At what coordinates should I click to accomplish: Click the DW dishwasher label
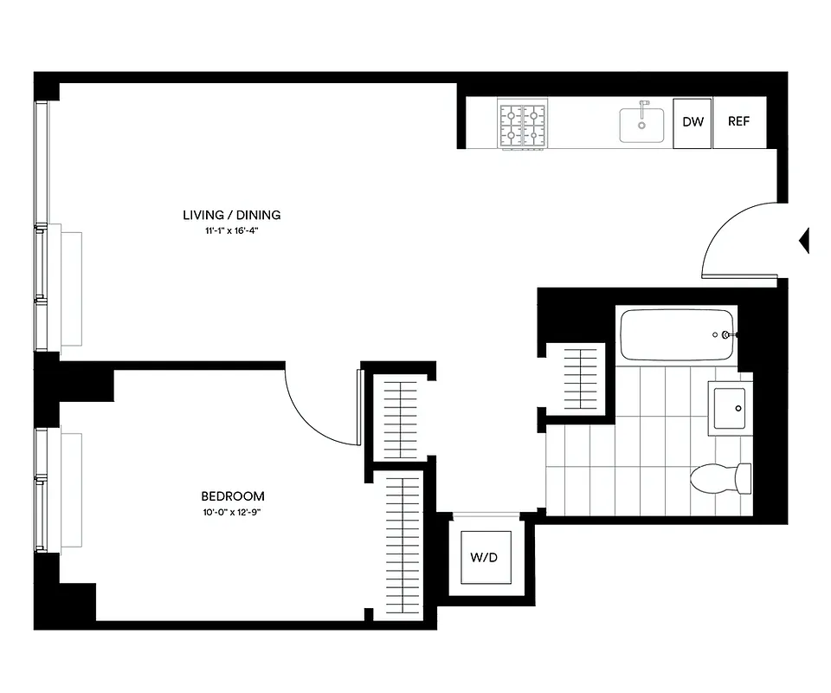pyautogui.click(x=692, y=122)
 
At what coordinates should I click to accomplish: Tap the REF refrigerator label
pyautogui.click(x=738, y=122)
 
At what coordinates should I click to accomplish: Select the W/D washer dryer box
pyautogui.click(x=484, y=557)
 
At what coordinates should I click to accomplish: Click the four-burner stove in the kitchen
pyautogui.click(x=523, y=125)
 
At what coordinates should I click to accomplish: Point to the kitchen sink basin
pyautogui.click(x=641, y=126)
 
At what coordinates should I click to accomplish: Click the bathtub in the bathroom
pyautogui.click(x=677, y=334)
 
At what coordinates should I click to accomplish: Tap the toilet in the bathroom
pyautogui.click(x=722, y=477)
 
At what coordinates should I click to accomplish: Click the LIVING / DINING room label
pyautogui.click(x=231, y=215)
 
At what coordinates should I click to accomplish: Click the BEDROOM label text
pyautogui.click(x=232, y=496)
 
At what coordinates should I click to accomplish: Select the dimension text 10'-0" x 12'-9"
pyautogui.click(x=232, y=512)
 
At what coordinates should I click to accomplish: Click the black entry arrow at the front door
pyautogui.click(x=803, y=240)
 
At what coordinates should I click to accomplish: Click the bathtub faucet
pyautogui.click(x=728, y=334)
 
